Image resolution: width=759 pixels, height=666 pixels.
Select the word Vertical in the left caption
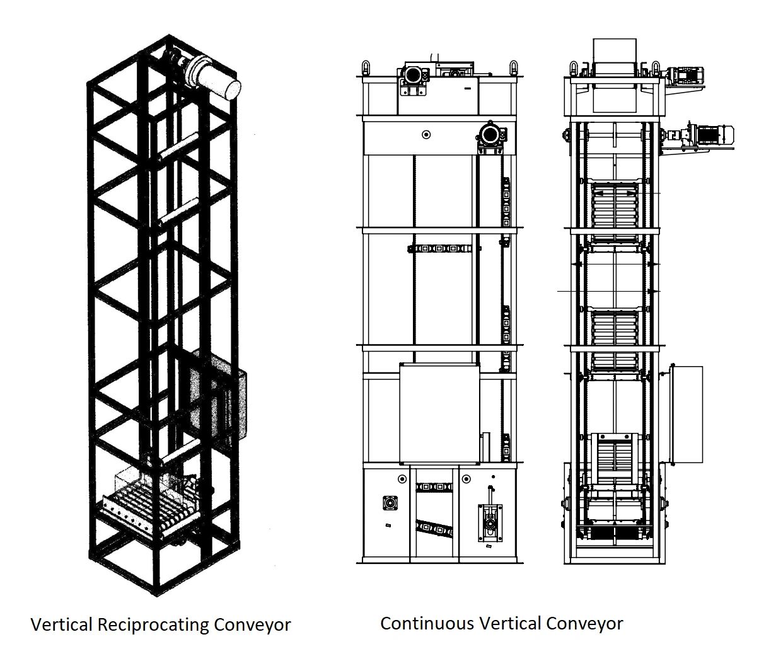coord(61,625)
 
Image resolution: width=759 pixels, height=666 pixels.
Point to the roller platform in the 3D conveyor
coord(145,502)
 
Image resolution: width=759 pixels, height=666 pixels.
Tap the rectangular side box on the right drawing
coord(685,413)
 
